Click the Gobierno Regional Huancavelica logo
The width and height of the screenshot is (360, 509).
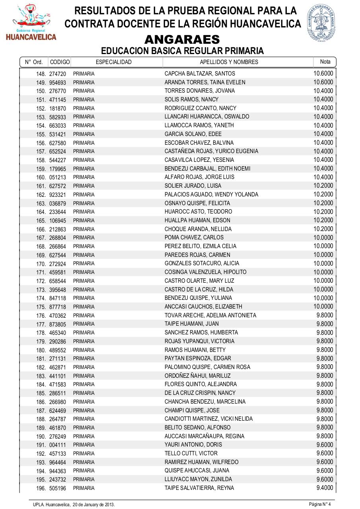(x=31, y=23)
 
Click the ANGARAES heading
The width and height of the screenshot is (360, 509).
(x=182, y=40)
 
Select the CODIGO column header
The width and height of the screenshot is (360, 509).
(x=60, y=62)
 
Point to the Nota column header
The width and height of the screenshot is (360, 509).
(x=325, y=62)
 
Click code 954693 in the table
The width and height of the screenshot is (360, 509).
(x=58, y=82)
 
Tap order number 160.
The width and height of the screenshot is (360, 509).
(x=41, y=177)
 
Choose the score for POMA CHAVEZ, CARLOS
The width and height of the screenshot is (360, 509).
(x=323, y=237)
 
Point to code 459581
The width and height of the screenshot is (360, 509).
(x=58, y=272)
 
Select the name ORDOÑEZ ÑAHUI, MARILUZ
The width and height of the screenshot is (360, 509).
(x=198, y=376)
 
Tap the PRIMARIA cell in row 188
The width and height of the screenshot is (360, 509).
(x=84, y=419)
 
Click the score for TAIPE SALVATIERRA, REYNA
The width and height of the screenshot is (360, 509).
(x=325, y=488)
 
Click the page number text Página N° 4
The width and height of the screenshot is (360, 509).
(x=320, y=505)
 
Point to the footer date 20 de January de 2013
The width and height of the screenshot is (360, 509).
(x=93, y=505)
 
